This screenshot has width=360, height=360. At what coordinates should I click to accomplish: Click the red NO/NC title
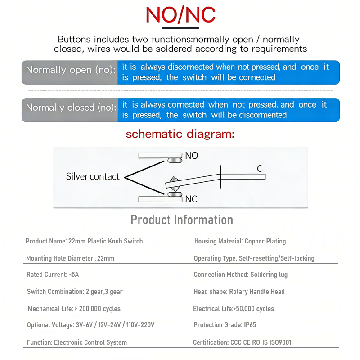(180, 15)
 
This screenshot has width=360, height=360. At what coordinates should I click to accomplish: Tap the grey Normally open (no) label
(70, 70)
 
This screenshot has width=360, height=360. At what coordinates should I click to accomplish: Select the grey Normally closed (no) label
(70, 108)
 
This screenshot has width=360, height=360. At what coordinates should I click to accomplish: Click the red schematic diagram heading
(180, 134)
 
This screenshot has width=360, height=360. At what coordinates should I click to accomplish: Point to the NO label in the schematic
(191, 156)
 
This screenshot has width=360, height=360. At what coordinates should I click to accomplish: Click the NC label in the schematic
(191, 199)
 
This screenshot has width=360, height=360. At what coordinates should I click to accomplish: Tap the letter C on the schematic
(260, 169)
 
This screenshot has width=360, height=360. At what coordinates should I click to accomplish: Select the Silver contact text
(93, 177)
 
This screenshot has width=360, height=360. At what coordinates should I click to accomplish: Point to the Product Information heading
(182, 220)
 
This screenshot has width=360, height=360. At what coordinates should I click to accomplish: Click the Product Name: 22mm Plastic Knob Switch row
(84, 241)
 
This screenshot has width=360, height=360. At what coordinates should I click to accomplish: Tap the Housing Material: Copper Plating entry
(240, 241)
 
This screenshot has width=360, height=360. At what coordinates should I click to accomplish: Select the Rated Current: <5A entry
(53, 274)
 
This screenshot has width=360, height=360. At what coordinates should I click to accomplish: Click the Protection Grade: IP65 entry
(225, 325)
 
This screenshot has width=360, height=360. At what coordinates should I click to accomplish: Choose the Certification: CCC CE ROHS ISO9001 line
(242, 342)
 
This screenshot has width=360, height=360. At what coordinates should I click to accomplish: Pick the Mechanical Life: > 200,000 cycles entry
(74, 309)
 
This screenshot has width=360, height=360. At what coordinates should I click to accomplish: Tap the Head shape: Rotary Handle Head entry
(239, 292)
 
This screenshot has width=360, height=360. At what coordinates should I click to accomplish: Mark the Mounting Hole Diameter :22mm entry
(70, 258)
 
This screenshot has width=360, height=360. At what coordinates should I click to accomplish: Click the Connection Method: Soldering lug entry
(240, 274)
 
